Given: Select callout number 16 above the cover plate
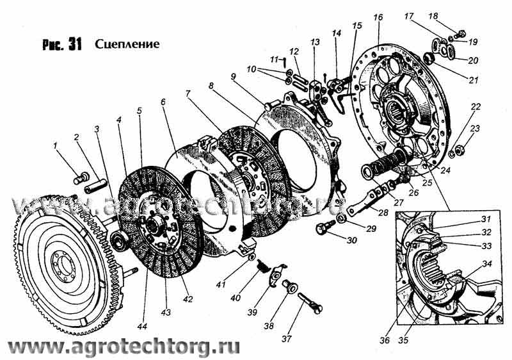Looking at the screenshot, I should pyautogui.click(x=377, y=16).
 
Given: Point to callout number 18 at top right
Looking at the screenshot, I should pyautogui.click(x=451, y=15).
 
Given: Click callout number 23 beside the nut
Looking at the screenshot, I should pyautogui.click(x=474, y=128).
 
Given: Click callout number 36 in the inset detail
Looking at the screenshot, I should pyautogui.click(x=384, y=340).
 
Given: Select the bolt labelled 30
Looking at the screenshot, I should pyautogui.click(x=326, y=226).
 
